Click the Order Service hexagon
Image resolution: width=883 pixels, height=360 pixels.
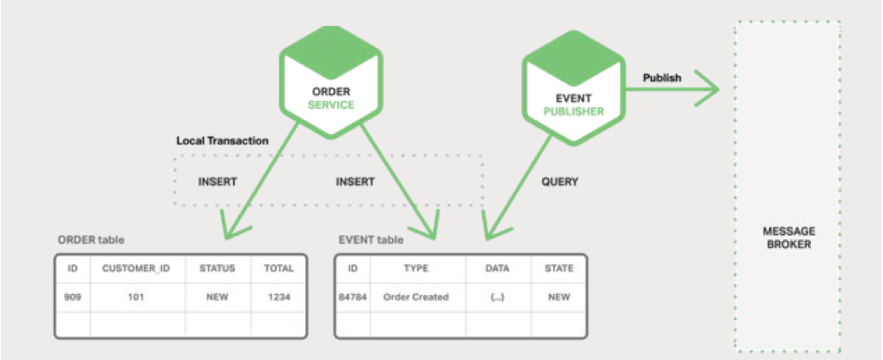[331, 82]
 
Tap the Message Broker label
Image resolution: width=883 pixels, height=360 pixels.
[788, 238]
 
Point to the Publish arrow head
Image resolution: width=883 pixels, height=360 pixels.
[706, 89]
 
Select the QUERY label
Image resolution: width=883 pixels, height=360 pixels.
[559, 183]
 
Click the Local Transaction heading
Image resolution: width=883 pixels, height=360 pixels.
[223, 141]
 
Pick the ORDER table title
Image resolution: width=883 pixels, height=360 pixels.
[91, 240]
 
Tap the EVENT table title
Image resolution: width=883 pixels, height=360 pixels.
[371, 240]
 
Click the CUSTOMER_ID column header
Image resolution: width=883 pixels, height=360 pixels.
[137, 269]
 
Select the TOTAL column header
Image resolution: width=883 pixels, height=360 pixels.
[278, 269]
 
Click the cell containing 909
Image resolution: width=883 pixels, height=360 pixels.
[73, 297]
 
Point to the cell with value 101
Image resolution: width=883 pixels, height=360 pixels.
[137, 297]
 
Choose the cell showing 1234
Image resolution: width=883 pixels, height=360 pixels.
[278, 297]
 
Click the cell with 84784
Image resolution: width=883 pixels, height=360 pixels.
[352, 297]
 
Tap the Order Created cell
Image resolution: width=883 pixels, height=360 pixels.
[418, 297]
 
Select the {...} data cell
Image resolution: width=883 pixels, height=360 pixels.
[498, 297]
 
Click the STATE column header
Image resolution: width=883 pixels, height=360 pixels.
[559, 269]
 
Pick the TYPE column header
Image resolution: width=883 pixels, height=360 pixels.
[418, 269]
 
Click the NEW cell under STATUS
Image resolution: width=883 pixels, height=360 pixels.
[217, 297]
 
